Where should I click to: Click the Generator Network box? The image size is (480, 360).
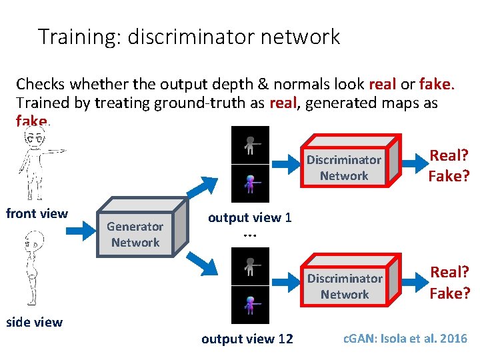click(x=135, y=235)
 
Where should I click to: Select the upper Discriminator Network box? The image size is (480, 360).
click(x=344, y=167)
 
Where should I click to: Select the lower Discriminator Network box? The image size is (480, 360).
click(x=345, y=286)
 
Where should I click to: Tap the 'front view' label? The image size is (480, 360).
click(x=37, y=213)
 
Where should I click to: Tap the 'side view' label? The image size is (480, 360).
click(x=34, y=322)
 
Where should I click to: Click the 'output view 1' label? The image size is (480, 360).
click(x=249, y=217)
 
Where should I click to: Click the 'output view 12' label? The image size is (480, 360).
click(x=247, y=339)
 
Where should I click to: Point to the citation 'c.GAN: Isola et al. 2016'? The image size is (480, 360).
click(x=405, y=338)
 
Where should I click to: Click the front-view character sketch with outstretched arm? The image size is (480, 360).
click(x=37, y=163)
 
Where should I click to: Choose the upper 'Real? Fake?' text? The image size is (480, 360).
click(x=449, y=165)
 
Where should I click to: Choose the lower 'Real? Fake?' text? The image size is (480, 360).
click(x=449, y=282)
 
